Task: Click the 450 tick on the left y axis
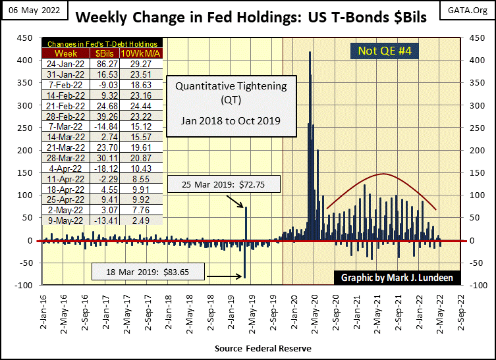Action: pos(27,38)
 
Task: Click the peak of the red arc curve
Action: pos(384,174)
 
